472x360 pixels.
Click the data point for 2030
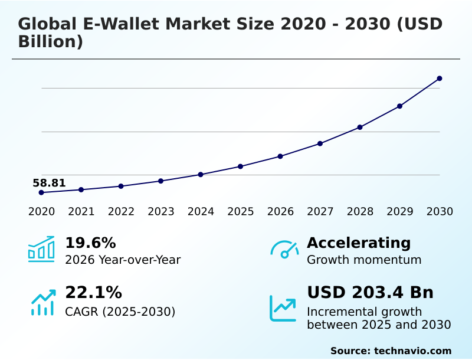pos(440,78)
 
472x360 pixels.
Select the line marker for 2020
pos(41,192)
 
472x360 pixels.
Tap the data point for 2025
pos(241,166)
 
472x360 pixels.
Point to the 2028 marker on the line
pos(360,127)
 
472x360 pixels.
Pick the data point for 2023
pos(161,181)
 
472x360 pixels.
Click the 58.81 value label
pos(49,183)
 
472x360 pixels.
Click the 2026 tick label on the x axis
pos(280,212)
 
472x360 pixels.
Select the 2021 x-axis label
pos(81,212)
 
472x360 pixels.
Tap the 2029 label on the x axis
pos(400,212)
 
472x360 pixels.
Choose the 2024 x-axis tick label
pos(201,212)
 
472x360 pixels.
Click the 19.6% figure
pos(90,243)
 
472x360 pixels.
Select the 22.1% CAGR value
pos(93,292)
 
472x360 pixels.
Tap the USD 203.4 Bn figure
pos(370,292)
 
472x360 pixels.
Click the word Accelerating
pos(359,243)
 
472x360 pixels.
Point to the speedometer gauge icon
pos(284,250)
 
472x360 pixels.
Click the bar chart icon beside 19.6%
pos(41,249)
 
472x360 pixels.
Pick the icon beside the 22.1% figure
pos(42,302)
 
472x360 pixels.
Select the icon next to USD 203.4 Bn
pos(283,308)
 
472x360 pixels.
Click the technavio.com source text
pos(412,351)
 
